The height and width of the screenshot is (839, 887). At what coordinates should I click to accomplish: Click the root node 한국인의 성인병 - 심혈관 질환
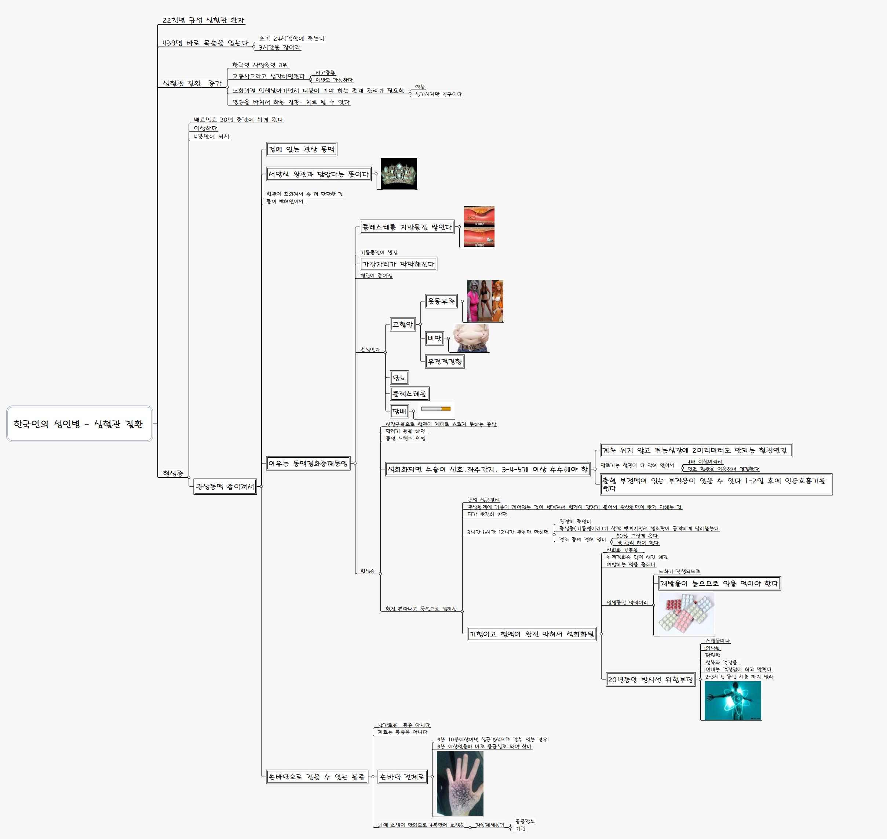pyautogui.click(x=79, y=424)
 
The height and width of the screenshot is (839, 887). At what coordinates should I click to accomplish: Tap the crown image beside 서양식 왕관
pyautogui.click(x=398, y=174)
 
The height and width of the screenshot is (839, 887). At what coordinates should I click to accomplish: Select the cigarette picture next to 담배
pyautogui.click(x=436, y=409)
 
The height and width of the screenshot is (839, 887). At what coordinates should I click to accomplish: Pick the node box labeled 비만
pyautogui.click(x=434, y=338)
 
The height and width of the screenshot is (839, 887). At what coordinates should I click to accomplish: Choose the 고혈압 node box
pyautogui.click(x=402, y=324)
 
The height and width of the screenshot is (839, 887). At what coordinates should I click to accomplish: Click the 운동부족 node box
pyautogui.click(x=441, y=301)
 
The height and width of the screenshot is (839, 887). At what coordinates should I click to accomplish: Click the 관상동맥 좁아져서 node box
pyautogui.click(x=225, y=487)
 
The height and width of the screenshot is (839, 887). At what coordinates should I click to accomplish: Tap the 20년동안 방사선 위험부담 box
pyautogui.click(x=650, y=680)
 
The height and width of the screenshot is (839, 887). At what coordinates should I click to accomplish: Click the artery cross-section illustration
pyautogui.click(x=479, y=227)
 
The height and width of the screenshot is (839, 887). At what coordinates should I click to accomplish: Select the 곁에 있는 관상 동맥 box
pyautogui.click(x=301, y=149)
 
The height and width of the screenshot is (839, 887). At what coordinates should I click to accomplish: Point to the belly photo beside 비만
pyautogui.click(x=471, y=338)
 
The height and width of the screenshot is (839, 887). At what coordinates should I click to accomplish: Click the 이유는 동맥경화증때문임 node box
pyautogui.click(x=308, y=463)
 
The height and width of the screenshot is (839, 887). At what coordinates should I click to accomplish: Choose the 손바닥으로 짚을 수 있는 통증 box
pyautogui.click(x=317, y=777)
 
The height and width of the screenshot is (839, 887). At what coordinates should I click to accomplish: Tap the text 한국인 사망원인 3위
pyautogui.click(x=260, y=65)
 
